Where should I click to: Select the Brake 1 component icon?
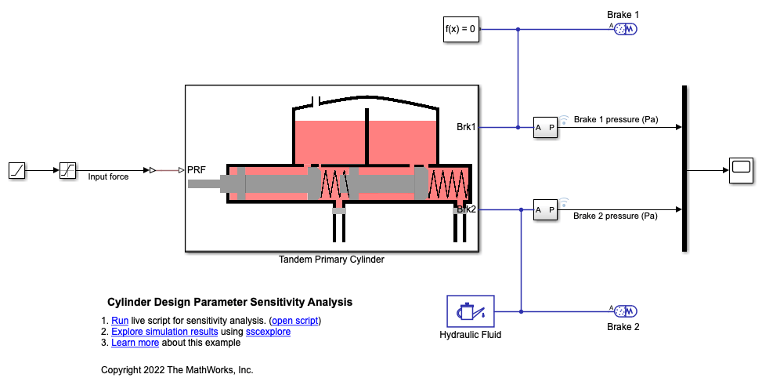[x=626, y=29]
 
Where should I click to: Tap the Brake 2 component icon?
[x=626, y=311]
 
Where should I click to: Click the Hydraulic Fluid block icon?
[x=470, y=311]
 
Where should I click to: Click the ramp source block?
[x=18, y=169]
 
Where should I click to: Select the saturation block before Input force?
[x=69, y=169]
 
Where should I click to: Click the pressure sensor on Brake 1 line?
[x=545, y=127]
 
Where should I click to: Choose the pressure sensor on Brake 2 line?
[x=545, y=209]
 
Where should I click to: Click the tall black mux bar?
[x=684, y=169]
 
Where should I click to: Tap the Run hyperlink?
[x=120, y=321]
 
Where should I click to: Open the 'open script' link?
[x=295, y=321]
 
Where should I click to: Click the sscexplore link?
[x=268, y=332]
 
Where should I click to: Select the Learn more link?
[x=135, y=343]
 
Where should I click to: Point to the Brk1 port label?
[x=467, y=126]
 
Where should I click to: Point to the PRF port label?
[x=197, y=169]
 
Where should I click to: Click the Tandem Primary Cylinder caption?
[x=331, y=260]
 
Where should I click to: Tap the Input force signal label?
[x=108, y=177]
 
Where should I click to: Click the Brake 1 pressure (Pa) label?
[x=616, y=120]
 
